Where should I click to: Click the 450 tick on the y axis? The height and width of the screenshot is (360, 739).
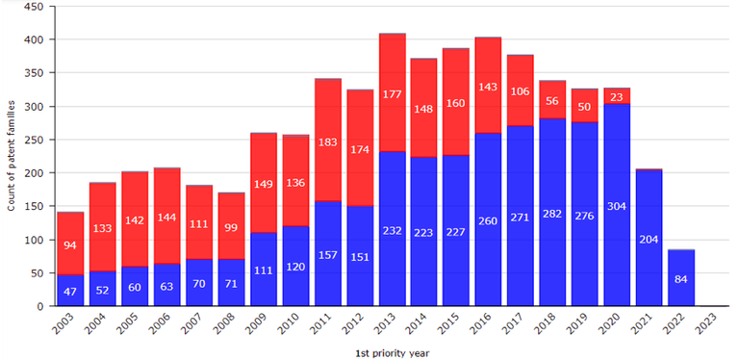coord(34,7)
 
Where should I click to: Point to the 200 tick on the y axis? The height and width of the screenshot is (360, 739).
coord(34,173)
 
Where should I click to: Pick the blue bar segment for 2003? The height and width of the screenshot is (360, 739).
coord(70,290)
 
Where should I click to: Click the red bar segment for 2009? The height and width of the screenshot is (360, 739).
coord(264,183)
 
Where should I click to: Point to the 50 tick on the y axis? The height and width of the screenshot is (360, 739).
coord(37,273)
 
